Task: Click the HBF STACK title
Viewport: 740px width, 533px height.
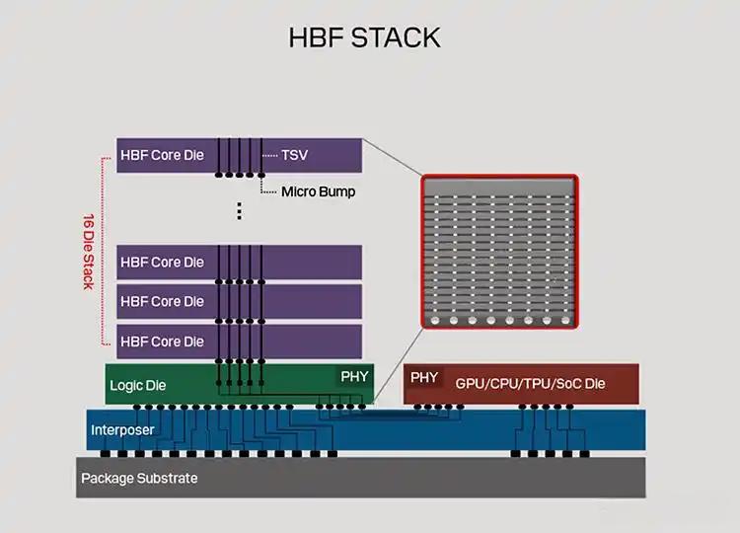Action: [x=364, y=38]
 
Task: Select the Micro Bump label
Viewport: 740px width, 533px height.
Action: [x=318, y=191]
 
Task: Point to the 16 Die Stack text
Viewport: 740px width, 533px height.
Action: [x=87, y=251]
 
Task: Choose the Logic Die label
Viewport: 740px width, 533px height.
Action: [x=137, y=385]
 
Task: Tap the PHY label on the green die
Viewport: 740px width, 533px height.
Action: [x=353, y=377]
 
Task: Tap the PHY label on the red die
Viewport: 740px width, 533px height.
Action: [x=424, y=377]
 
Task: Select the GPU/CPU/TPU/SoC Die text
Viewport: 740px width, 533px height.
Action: [x=530, y=383]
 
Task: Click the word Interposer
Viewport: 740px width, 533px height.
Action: [x=122, y=430]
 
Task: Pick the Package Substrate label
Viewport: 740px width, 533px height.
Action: [x=139, y=479]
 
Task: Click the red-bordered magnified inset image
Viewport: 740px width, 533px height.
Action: [x=498, y=253]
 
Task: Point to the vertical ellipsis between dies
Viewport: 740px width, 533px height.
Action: [x=239, y=210]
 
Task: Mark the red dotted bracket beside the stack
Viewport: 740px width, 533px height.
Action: [x=103, y=251]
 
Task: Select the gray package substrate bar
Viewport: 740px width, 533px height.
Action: [x=395, y=478]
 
